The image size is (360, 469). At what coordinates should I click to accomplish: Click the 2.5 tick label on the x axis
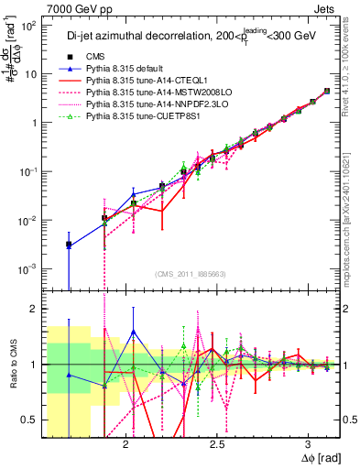click(x=217, y=444)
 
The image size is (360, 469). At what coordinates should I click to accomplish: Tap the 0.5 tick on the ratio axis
click(x=27, y=420)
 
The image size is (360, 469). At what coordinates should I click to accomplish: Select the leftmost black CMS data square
click(x=69, y=245)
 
